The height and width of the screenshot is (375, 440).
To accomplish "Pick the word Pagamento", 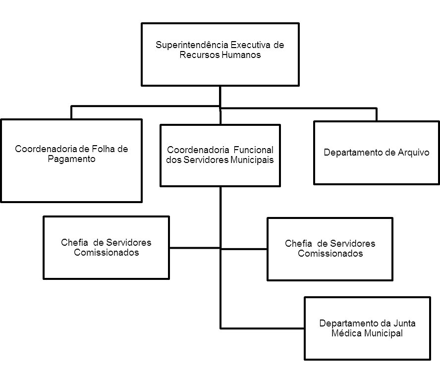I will point(71,159).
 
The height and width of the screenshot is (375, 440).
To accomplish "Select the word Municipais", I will point(251,160).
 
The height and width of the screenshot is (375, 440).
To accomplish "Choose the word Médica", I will point(346,333).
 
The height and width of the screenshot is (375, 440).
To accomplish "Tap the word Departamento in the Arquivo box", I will point(353,153).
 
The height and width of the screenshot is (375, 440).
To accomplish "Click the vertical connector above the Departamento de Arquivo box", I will point(376,114).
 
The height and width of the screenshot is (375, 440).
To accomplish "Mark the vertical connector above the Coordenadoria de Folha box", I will point(72,112).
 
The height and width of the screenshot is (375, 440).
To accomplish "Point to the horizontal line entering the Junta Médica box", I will point(263,327).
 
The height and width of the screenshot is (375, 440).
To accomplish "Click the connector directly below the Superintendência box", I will point(220,96).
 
